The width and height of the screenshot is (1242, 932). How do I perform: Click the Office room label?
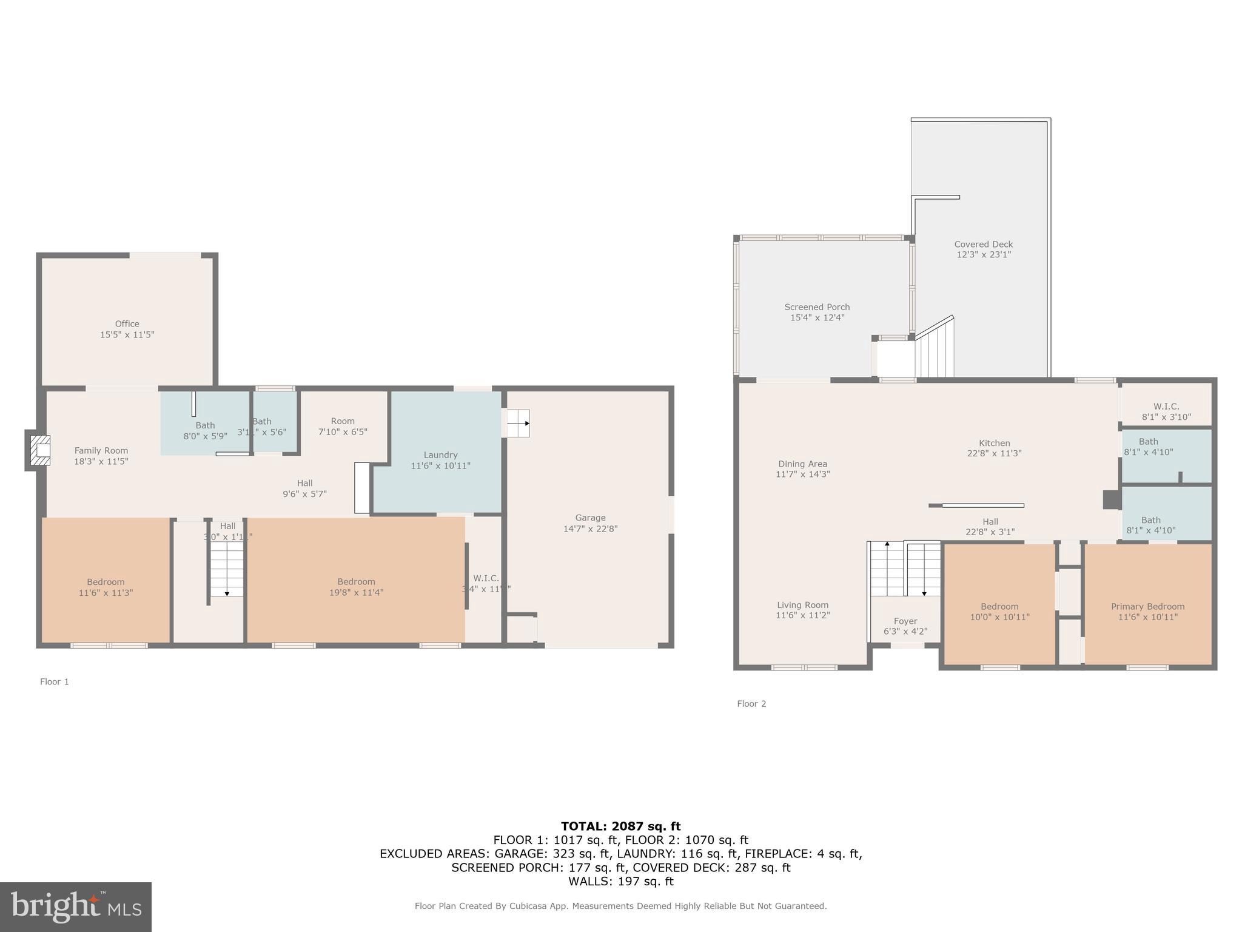tap(127, 324)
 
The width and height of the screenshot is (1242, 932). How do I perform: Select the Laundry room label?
tap(440, 455)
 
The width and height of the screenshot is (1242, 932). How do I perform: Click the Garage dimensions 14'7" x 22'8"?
tap(590, 528)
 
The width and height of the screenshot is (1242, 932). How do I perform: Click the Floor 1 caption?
tap(55, 681)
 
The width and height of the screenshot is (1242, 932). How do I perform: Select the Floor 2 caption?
tap(751, 704)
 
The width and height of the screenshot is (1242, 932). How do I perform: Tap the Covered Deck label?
tap(983, 245)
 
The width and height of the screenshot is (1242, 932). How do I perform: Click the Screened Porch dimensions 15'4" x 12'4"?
tap(817, 317)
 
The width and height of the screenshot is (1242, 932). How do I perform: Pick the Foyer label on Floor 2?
tap(905, 621)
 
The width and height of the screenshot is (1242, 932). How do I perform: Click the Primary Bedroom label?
tap(1147, 607)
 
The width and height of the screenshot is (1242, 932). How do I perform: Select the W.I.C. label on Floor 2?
tap(1166, 407)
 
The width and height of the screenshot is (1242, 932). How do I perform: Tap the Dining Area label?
tap(802, 464)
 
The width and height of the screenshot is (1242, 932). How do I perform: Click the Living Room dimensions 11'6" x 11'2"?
tap(802, 615)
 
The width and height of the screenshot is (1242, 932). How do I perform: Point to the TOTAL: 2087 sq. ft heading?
tap(620, 826)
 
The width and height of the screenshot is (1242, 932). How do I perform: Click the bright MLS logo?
tap(76, 907)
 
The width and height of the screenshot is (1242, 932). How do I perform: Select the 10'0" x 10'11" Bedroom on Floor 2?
tap(999, 612)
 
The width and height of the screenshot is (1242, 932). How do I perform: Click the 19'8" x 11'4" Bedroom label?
tap(356, 582)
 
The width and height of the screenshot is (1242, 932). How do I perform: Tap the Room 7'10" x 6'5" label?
tap(343, 421)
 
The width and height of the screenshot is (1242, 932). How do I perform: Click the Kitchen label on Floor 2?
tap(994, 443)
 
